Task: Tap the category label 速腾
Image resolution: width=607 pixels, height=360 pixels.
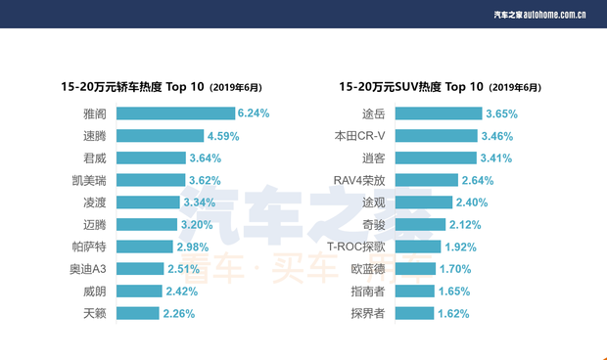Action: [x=95, y=136]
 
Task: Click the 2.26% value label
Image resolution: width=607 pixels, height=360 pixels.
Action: [x=179, y=314]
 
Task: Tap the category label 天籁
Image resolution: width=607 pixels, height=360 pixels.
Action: [x=95, y=314]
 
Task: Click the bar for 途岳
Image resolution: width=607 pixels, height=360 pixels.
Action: [x=441, y=113]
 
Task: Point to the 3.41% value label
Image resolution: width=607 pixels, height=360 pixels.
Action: [x=496, y=157]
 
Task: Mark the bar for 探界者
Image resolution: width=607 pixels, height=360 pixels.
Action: [x=416, y=314]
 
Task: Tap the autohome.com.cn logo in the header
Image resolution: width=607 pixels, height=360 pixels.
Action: [x=539, y=14]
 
